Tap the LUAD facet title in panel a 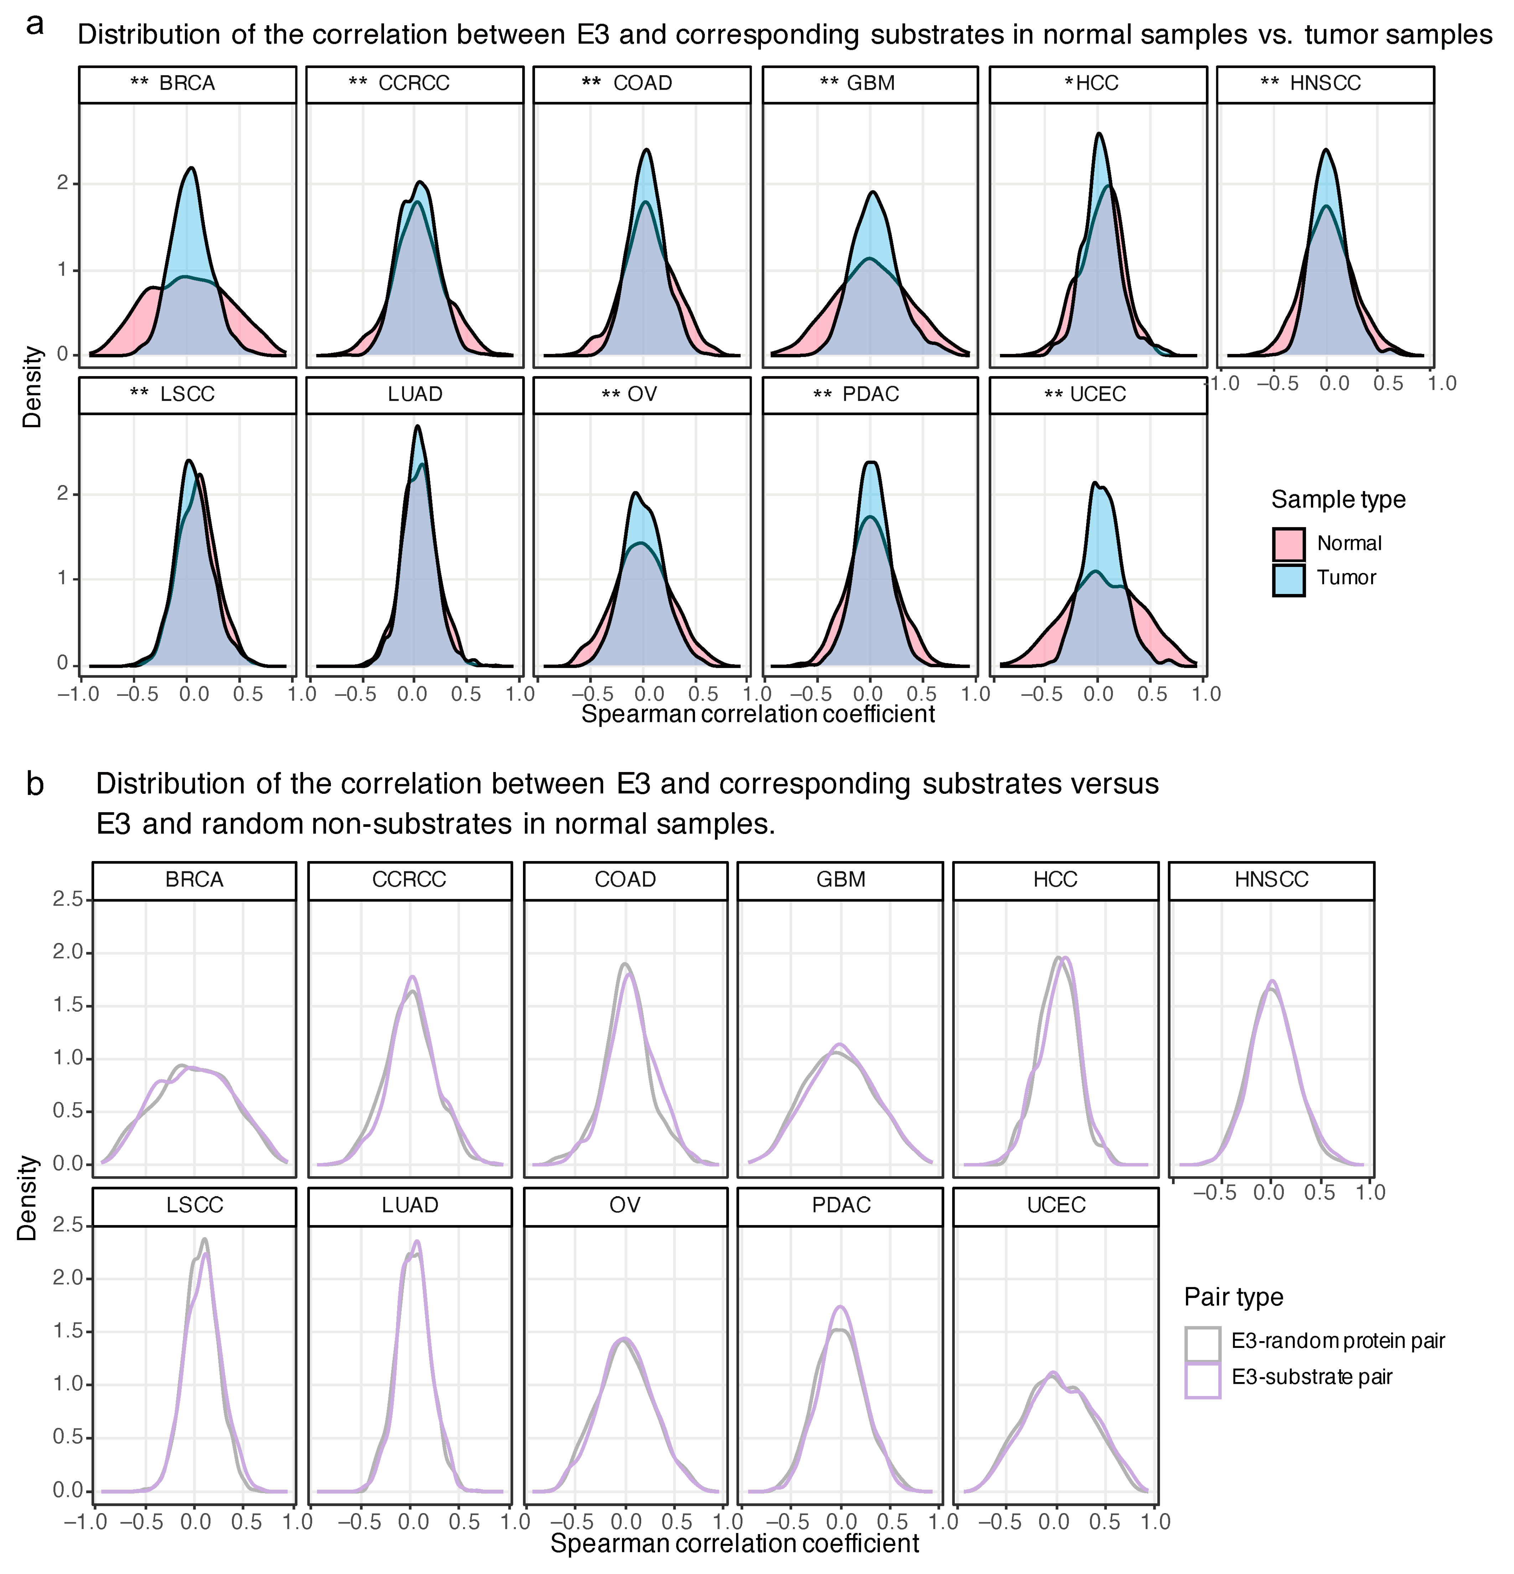tap(414, 394)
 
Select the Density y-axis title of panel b tap(28, 1198)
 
